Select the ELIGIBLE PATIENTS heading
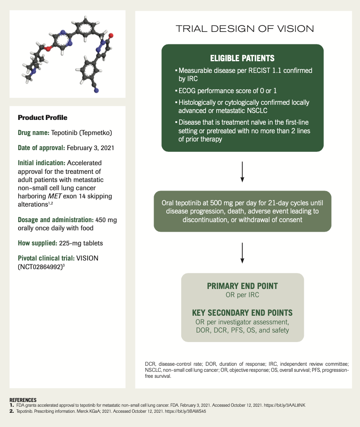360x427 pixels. [x=242, y=58]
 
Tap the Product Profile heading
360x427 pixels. [x=42, y=118]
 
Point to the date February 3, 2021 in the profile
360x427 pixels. [x=91, y=148]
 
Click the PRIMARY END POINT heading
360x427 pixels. [x=242, y=286]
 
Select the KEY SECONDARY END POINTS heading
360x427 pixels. [x=242, y=313]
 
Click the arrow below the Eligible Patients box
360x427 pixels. [x=242, y=171]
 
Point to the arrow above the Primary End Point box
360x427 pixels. [x=242, y=252]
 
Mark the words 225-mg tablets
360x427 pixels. [x=81, y=243]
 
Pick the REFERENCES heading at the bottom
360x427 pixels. [x=23, y=400]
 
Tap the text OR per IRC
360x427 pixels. [x=242, y=295]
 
